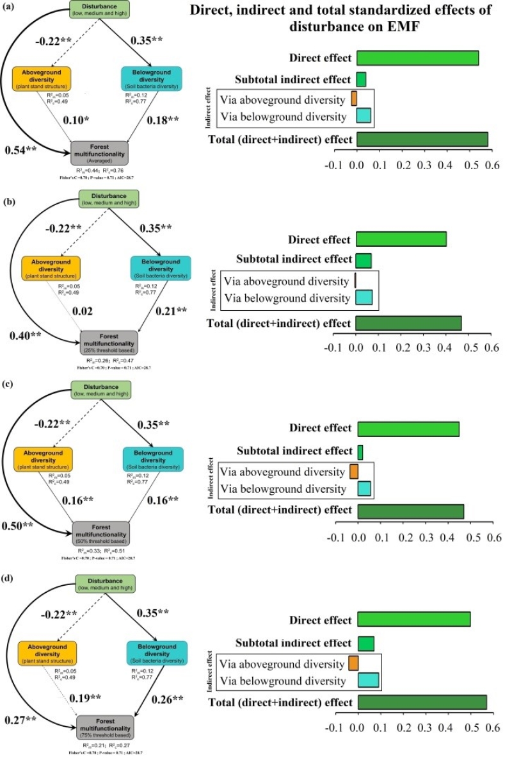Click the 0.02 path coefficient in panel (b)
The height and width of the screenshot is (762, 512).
83,311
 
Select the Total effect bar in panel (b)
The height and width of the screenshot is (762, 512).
408,323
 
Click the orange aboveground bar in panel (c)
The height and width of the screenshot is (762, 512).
353,472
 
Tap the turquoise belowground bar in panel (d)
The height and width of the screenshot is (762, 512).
368,680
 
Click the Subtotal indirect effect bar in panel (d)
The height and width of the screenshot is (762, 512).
365,643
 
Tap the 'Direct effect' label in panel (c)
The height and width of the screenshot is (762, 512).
320,427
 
